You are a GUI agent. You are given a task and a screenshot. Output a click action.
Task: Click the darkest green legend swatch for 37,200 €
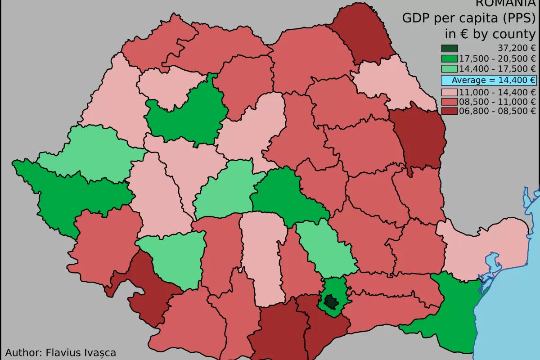click(449, 49)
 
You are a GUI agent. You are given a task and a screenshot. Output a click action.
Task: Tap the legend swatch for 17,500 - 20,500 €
click(449, 58)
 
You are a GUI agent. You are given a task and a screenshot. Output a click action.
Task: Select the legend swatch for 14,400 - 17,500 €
click(449, 69)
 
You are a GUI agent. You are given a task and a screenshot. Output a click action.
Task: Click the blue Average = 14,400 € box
click(489, 81)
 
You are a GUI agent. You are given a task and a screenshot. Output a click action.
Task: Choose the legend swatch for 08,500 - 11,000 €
click(449, 102)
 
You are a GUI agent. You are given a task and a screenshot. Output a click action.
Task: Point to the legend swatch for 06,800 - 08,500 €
click(449, 111)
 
